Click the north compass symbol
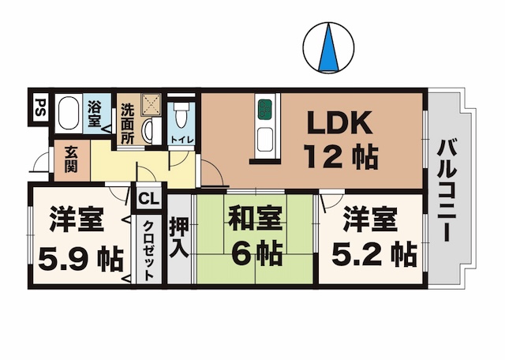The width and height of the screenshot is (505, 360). click(326, 47)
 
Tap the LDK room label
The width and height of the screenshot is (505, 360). click(339, 124)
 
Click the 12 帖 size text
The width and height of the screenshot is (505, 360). click(339, 157)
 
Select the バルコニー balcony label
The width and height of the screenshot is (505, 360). click(446, 190)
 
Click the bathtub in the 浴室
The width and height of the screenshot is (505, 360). click(69, 115)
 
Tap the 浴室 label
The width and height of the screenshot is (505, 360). click(95, 114)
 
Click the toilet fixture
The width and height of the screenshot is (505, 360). click(181, 117)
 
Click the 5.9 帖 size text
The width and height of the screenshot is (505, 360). click(80, 256)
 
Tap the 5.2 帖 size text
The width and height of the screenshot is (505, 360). click(368, 255)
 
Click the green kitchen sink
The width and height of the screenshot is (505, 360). click(264, 108)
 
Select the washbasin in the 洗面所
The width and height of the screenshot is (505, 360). click(149, 130)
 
